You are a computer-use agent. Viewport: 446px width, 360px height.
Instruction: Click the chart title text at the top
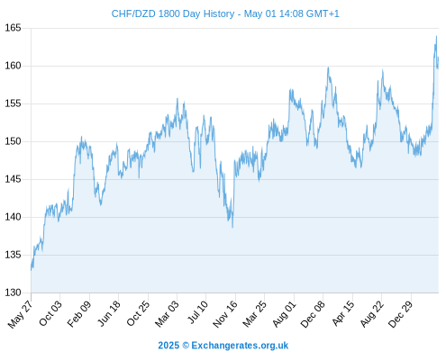click(x=225, y=13)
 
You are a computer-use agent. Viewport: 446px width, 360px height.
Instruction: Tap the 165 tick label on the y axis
click(x=13, y=28)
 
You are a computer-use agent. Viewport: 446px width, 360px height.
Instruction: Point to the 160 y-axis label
click(x=13, y=66)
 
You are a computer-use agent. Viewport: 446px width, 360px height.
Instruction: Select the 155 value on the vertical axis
click(x=13, y=103)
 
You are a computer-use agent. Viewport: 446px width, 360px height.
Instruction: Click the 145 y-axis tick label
click(x=13, y=179)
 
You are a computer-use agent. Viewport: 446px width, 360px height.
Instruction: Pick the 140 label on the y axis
click(x=13, y=217)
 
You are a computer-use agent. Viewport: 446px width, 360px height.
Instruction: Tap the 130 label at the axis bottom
click(x=13, y=292)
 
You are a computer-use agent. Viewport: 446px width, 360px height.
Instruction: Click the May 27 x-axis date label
click(x=21, y=314)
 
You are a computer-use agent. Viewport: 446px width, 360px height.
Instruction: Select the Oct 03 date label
click(x=50, y=313)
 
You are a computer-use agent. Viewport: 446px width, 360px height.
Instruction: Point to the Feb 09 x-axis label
click(x=79, y=313)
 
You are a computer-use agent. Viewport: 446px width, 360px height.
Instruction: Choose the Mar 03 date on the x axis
click(x=167, y=313)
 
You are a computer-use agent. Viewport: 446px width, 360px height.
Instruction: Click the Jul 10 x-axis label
click(x=198, y=312)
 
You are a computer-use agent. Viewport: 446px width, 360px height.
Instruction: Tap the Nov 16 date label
click(x=225, y=314)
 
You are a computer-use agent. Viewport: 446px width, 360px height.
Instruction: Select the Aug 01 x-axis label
click(x=284, y=313)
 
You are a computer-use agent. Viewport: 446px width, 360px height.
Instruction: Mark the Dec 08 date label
click(x=313, y=314)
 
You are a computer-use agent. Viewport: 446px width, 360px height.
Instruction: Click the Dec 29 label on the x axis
click(x=400, y=314)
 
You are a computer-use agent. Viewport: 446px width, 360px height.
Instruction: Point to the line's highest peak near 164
click(x=436, y=36)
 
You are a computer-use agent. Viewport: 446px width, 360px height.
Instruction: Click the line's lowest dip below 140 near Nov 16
click(x=232, y=228)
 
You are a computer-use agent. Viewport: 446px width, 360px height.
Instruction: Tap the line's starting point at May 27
click(x=31, y=270)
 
